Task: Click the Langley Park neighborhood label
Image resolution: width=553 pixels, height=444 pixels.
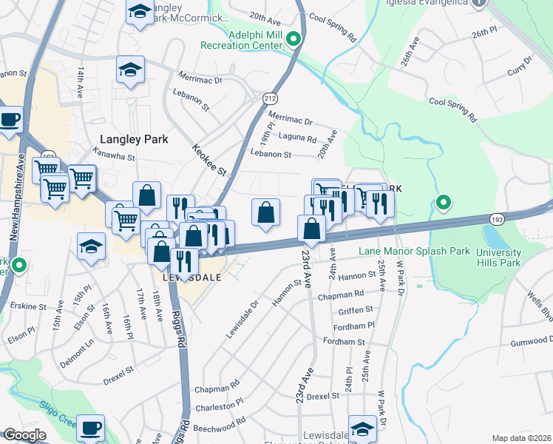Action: click(x=135, y=139)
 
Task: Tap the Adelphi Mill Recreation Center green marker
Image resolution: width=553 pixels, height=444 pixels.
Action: click(x=294, y=39)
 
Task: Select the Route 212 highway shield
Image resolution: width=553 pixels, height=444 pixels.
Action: click(x=270, y=98)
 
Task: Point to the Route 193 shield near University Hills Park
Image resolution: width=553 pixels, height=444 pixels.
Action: click(x=497, y=218)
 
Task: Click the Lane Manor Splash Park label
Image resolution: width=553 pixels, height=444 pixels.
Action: click(x=414, y=252)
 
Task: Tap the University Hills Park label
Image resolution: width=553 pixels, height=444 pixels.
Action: click(x=494, y=257)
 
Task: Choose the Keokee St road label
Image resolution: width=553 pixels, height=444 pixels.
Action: click(x=211, y=158)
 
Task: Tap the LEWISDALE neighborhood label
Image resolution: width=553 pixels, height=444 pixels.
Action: click(x=189, y=277)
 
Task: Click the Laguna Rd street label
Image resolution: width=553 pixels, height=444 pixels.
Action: click(x=297, y=138)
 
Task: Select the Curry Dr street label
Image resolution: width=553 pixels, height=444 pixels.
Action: click(x=520, y=66)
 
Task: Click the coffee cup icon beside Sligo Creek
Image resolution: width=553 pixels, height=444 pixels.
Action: click(x=91, y=427)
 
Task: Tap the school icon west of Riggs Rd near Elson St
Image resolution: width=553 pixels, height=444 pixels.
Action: click(x=91, y=246)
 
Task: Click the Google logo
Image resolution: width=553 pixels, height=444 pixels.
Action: click(x=24, y=435)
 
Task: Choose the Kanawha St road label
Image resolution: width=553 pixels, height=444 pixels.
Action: click(x=114, y=157)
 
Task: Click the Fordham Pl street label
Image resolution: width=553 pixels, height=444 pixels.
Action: click(x=355, y=325)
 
